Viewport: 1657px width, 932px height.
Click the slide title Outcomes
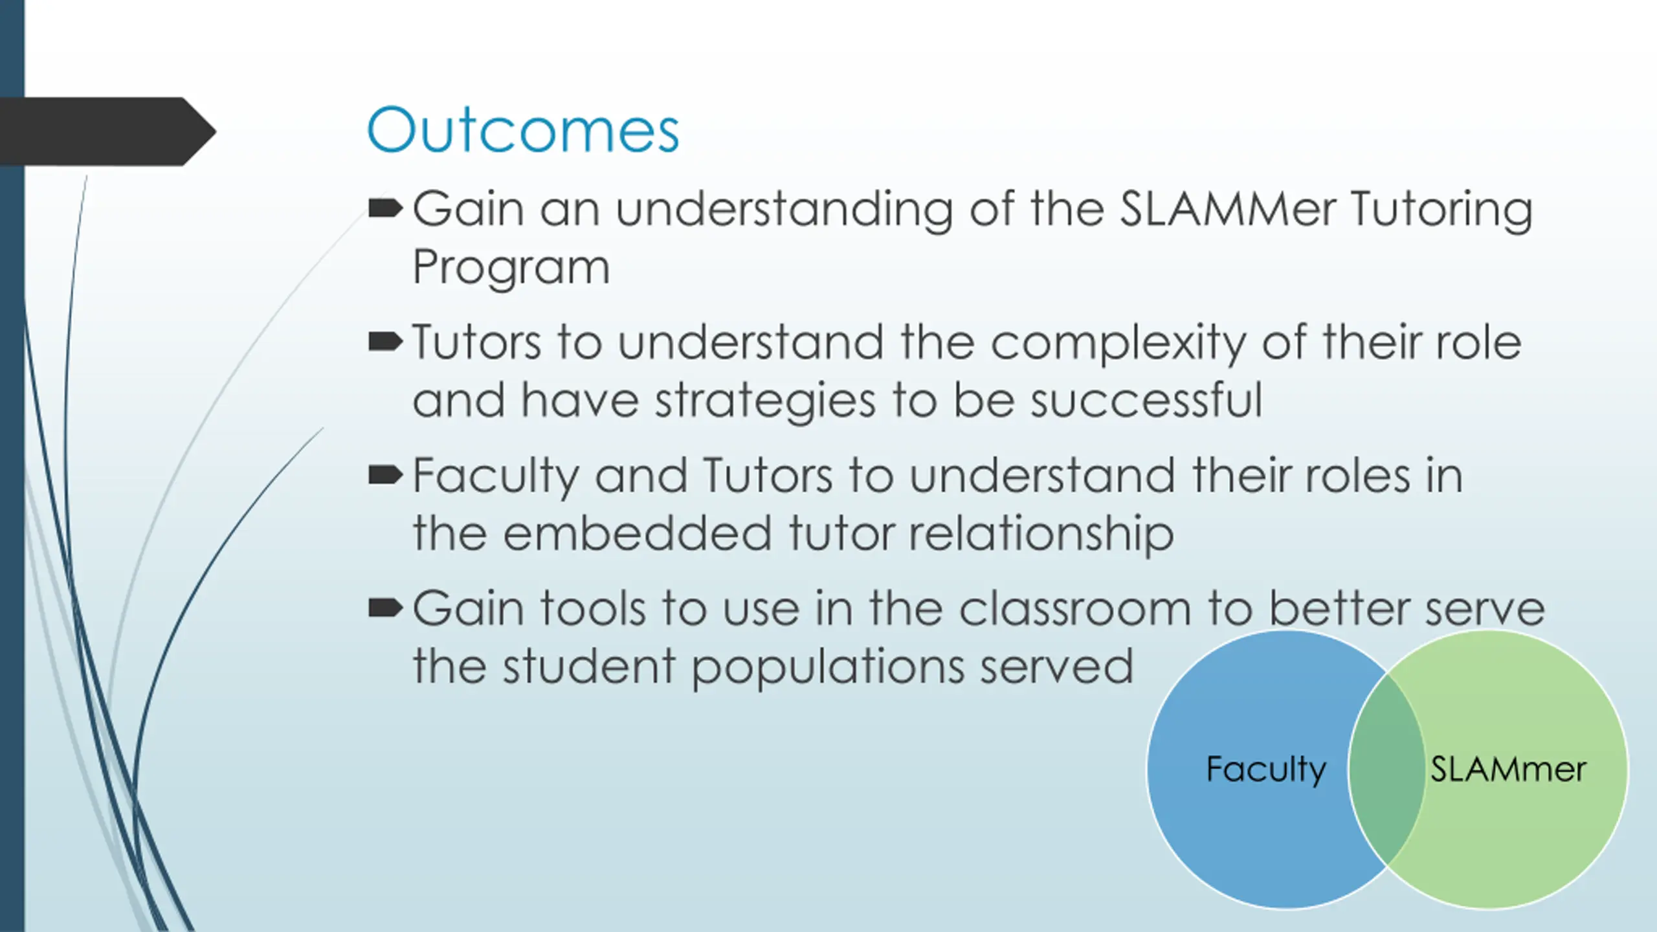pos(523,130)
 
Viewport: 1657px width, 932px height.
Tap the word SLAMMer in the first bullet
pos(1228,209)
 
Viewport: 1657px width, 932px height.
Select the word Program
pos(511,267)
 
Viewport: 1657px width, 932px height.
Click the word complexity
pos(1118,344)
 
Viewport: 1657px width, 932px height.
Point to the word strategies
pos(765,401)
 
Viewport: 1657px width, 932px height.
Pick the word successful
pos(1146,399)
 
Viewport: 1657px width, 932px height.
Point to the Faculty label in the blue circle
pos(1266,770)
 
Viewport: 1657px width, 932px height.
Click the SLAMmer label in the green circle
pos(1508,770)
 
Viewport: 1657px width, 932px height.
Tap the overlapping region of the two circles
pos(1386,768)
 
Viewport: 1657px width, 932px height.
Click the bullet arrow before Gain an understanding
pos(385,209)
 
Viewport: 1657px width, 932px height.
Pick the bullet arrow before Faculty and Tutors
pos(385,475)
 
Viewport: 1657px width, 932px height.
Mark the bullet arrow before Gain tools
pos(385,608)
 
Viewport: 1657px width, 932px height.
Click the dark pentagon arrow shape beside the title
pos(107,131)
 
